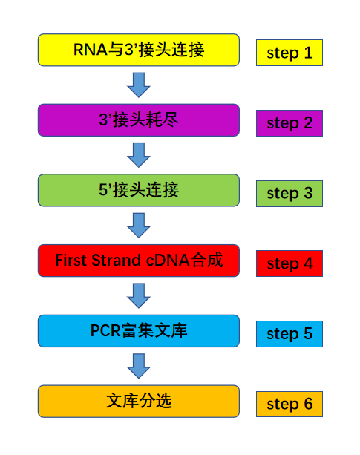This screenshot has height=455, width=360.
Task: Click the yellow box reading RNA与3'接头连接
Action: pyautogui.click(x=139, y=50)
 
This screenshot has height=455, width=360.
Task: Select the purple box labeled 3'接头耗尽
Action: pyautogui.click(x=139, y=120)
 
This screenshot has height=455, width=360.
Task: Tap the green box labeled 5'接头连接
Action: pyautogui.click(x=139, y=190)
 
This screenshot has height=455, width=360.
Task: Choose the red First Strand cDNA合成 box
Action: pyautogui.click(x=139, y=261)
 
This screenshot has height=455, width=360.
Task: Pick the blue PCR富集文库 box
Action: pyautogui.click(x=139, y=331)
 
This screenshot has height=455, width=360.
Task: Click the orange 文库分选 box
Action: pyautogui.click(x=139, y=402)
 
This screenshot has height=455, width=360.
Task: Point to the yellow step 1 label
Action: pyautogui.click(x=289, y=53)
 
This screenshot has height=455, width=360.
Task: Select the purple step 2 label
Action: pyautogui.click(x=289, y=123)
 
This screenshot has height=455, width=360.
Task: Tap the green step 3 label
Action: pyautogui.click(x=289, y=194)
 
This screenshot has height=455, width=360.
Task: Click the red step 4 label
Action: pyautogui.click(x=289, y=263)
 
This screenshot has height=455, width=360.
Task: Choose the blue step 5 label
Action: pyautogui.click(x=289, y=334)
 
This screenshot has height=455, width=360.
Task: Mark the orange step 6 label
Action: pyautogui.click(x=289, y=405)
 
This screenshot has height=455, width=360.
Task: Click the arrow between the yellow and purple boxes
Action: pyautogui.click(x=139, y=85)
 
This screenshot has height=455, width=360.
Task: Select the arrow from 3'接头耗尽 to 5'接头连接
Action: pyautogui.click(x=139, y=155)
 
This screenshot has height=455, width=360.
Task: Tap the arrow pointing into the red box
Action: pyautogui.click(x=139, y=226)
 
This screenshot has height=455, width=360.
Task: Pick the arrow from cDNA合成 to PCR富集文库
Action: pyautogui.click(x=139, y=295)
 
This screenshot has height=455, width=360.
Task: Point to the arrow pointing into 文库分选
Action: pyautogui.click(x=139, y=366)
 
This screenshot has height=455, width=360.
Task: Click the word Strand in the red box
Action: pyautogui.click(x=117, y=260)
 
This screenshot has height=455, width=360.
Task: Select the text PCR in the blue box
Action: pyautogui.click(x=105, y=330)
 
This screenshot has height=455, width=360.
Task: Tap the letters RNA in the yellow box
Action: pyautogui.click(x=91, y=49)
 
